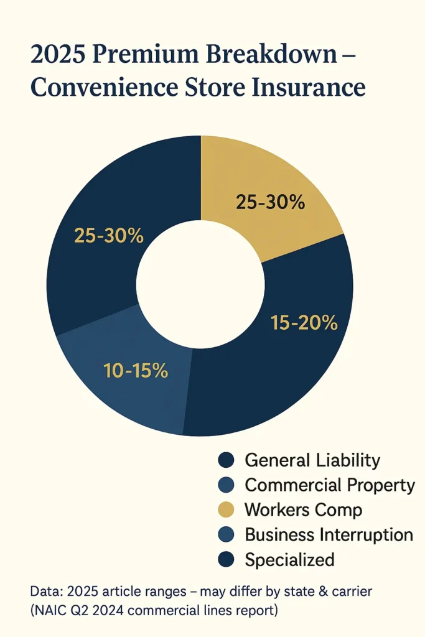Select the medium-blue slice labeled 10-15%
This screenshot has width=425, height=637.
pyautogui.click(x=124, y=379)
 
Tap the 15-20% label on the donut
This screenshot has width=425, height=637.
pyautogui.click(x=304, y=322)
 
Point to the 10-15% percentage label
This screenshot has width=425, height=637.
pyautogui.click(x=135, y=370)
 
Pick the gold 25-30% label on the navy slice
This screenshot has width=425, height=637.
pyautogui.click(x=109, y=236)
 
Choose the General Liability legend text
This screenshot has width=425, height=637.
pyautogui.click(x=312, y=460)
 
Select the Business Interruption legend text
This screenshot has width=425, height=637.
pyautogui.click(x=329, y=534)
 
